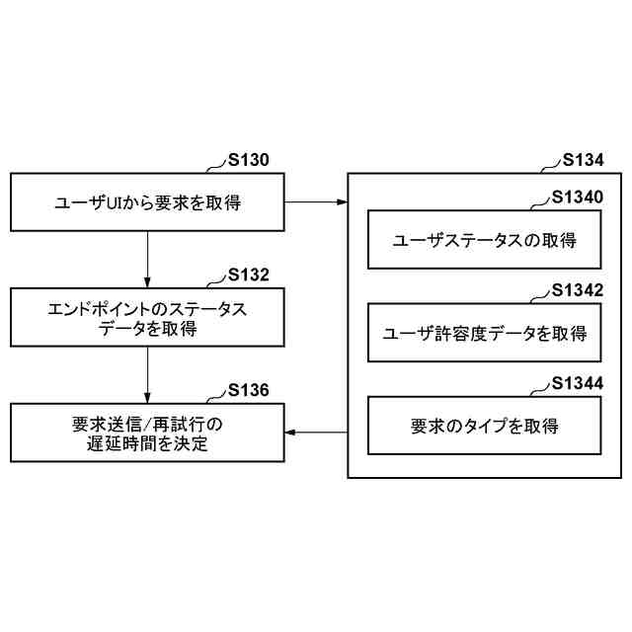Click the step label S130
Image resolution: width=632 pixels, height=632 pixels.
[249, 161]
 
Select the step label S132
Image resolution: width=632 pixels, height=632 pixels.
[249, 275]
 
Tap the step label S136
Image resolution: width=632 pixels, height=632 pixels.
[248, 389]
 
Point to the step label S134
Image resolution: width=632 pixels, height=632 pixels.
[583, 161]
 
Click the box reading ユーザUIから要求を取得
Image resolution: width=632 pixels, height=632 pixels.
[147, 203]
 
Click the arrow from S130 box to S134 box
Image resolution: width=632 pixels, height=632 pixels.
[316, 203]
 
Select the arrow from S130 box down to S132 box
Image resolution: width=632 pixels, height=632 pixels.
[147, 260]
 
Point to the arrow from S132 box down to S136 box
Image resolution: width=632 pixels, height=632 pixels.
[147, 375]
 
